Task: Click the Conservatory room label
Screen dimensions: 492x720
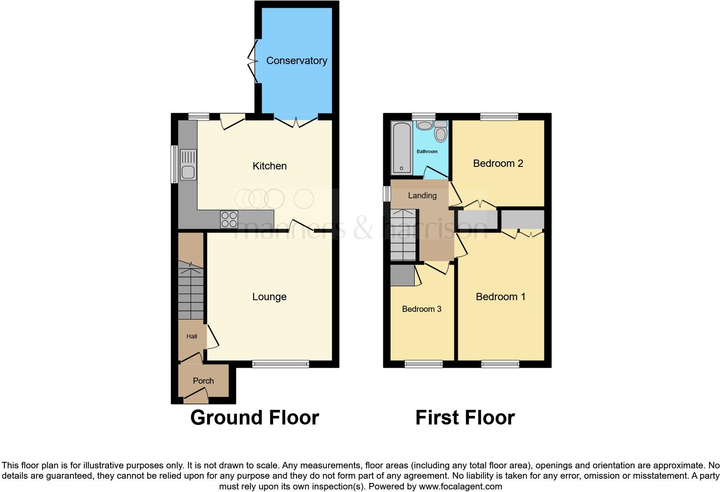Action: (x=296, y=61)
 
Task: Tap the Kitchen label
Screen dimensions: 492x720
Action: (x=270, y=166)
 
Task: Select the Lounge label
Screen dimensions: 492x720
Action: (x=269, y=297)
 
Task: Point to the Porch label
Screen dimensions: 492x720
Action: (x=203, y=381)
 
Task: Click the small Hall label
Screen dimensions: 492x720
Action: (x=192, y=336)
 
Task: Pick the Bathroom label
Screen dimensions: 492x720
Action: (x=427, y=151)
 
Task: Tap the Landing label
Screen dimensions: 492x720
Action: (x=422, y=196)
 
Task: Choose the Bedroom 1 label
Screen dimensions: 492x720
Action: (x=500, y=297)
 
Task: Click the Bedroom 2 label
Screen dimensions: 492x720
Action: (x=498, y=163)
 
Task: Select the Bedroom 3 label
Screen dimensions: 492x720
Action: (x=422, y=309)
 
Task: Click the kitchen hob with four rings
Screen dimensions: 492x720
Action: (x=229, y=219)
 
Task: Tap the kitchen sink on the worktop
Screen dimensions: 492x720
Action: (x=188, y=165)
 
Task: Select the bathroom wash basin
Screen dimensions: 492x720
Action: (x=425, y=126)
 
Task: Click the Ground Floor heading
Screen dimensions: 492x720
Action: (x=254, y=418)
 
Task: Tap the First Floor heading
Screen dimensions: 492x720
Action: (x=465, y=418)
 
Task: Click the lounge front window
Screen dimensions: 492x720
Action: (x=280, y=364)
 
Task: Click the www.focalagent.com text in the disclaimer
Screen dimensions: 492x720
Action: (x=460, y=487)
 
